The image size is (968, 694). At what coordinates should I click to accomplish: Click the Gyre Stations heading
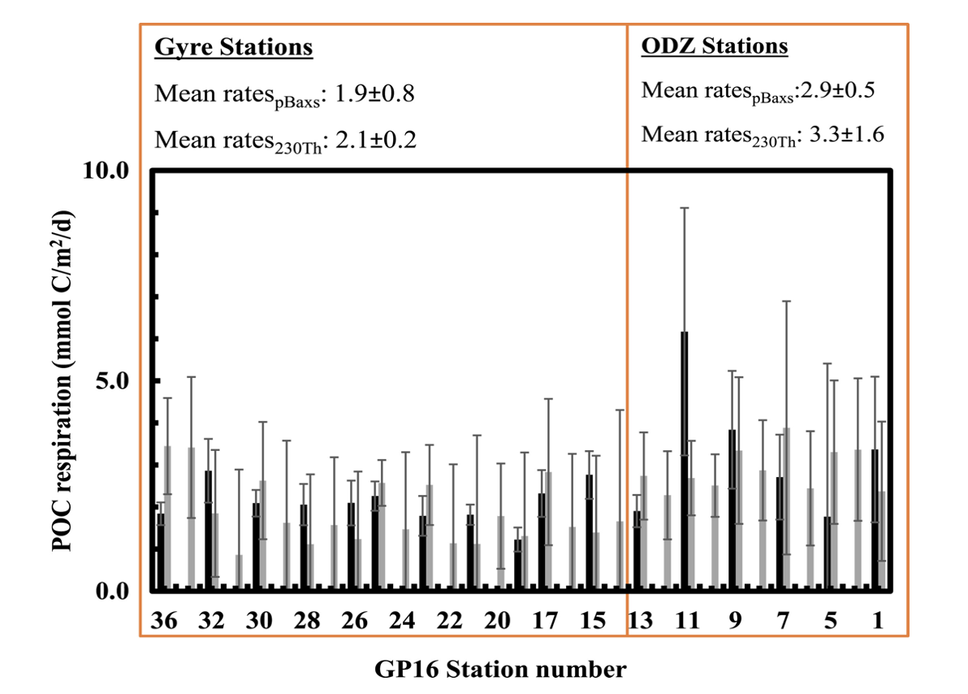(234, 47)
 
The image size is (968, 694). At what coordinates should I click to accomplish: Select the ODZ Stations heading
(715, 46)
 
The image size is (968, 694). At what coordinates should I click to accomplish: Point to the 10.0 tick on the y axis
(113, 170)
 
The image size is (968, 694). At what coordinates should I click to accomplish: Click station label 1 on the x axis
(879, 621)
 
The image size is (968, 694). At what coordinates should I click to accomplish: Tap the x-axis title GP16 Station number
(500, 670)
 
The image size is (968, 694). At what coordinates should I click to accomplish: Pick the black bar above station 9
(732, 509)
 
